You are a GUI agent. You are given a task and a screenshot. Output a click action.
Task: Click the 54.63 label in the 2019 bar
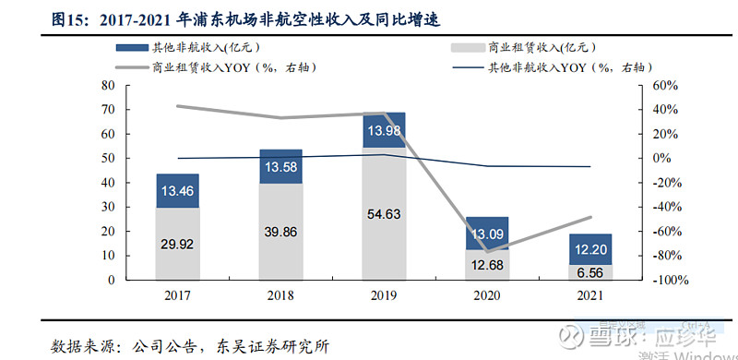(384, 213)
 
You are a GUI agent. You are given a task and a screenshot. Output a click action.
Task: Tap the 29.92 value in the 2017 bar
(177, 244)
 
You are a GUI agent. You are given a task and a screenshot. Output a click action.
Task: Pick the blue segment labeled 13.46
(177, 191)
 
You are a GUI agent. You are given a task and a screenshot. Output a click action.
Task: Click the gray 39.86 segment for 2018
(280, 232)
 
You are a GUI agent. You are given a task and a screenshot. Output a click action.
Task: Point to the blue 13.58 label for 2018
(280, 167)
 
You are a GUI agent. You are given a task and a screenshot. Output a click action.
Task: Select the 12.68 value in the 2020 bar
(487, 266)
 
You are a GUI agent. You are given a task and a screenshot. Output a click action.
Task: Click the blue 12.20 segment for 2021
(590, 250)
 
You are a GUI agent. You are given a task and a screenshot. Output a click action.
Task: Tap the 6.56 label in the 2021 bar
(590, 272)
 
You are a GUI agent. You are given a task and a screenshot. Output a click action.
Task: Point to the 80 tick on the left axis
(108, 85)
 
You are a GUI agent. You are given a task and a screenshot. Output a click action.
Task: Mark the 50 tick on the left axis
(108, 158)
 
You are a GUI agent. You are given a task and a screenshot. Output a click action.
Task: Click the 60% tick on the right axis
(665, 85)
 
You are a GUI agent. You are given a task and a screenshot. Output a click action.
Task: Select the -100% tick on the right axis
(669, 280)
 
